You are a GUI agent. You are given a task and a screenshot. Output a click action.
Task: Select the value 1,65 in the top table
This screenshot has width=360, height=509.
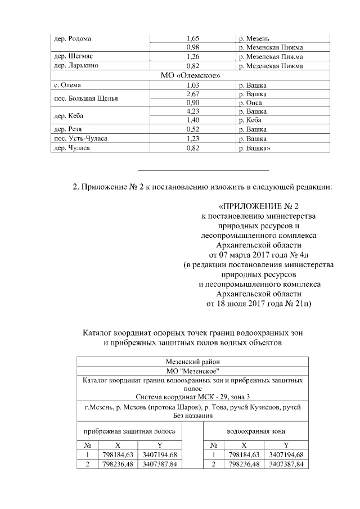pyautogui.click(x=193, y=38)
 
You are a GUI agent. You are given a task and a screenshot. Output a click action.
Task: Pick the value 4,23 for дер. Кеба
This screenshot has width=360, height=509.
pyautogui.click(x=193, y=111)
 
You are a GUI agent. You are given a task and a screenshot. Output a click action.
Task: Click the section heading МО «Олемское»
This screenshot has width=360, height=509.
pyautogui.click(x=191, y=75)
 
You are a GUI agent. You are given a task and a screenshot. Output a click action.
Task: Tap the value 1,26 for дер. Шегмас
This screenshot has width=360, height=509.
pyautogui.click(x=193, y=57)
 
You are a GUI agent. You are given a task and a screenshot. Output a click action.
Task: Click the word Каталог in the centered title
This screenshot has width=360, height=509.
pyautogui.click(x=100, y=332)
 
